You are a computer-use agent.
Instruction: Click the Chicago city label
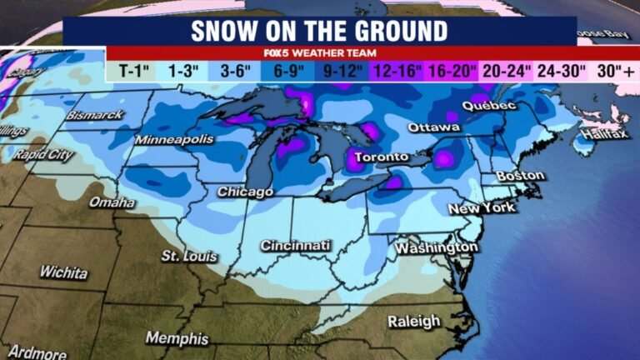pos(246,192)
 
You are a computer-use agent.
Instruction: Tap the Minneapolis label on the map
pos(174,139)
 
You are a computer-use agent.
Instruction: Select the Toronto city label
pos(382,157)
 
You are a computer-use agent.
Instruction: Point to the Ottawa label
pos(433,127)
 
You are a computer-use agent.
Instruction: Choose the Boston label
pos(520,176)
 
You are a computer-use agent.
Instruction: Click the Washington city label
pos(437,248)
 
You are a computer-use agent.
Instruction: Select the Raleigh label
pos(414,321)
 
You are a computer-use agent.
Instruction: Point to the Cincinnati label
pos(295,246)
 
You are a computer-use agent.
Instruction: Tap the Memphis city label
pos(177,338)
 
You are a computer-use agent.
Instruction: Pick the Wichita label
pos(63,272)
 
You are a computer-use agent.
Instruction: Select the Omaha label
pos(112,202)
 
